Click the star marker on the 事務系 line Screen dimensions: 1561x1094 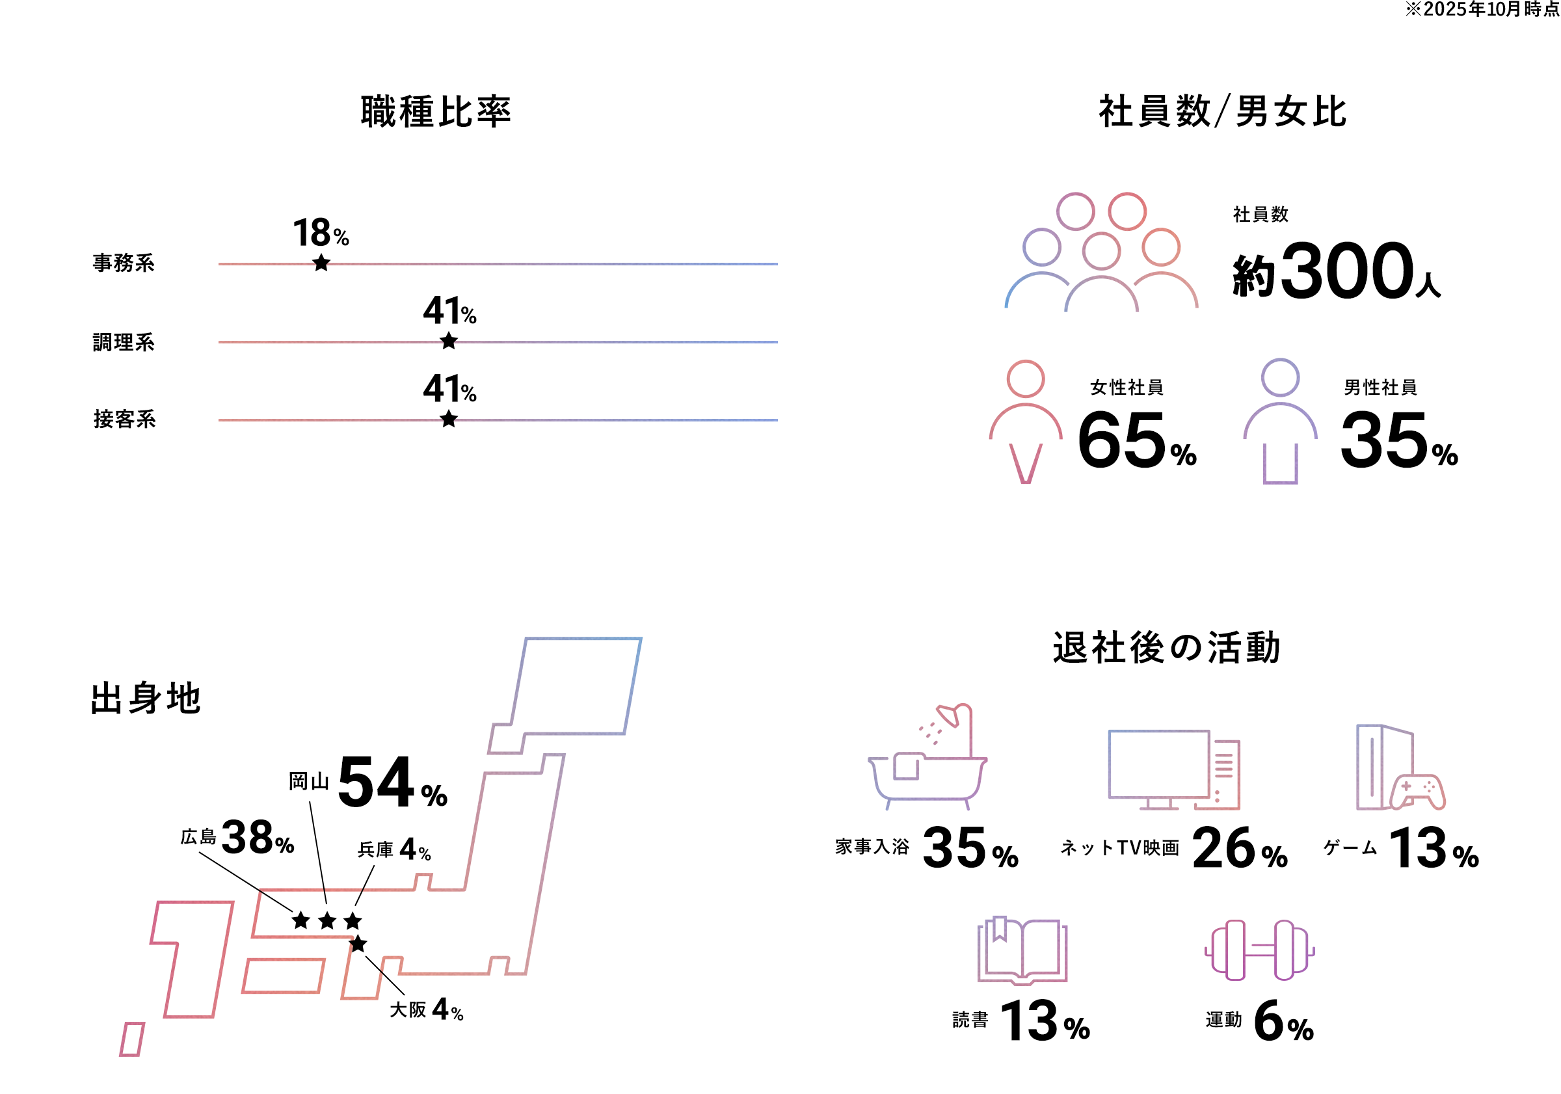(x=321, y=263)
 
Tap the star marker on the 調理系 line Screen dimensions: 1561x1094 (x=449, y=341)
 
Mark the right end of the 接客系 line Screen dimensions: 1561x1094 (x=777, y=420)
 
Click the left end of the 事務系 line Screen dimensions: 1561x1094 (x=219, y=264)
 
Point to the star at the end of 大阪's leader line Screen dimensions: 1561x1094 (x=358, y=944)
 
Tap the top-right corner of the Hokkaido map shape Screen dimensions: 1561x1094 (x=641, y=638)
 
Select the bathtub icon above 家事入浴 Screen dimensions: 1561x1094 (x=927, y=756)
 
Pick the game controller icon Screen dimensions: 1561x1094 (x=1418, y=792)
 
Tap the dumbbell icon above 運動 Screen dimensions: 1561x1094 (x=1260, y=950)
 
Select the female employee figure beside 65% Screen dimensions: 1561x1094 (x=1025, y=421)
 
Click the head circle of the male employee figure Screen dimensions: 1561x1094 (x=1280, y=377)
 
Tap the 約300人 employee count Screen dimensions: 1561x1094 (x=1337, y=271)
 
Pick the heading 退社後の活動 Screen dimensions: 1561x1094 (x=1167, y=647)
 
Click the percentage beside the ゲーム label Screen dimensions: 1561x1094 (x=1435, y=848)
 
